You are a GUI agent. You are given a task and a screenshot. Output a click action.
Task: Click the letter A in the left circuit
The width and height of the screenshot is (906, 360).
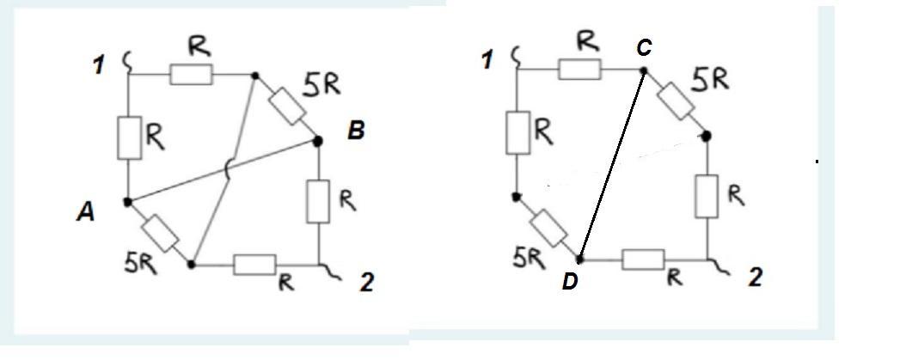85,213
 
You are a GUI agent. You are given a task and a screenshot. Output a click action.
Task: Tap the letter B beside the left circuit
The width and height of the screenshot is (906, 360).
356,131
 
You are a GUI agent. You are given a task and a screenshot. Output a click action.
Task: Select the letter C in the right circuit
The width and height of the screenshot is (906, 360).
644,48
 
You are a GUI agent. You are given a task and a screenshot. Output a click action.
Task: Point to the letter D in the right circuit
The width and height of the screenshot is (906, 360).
570,282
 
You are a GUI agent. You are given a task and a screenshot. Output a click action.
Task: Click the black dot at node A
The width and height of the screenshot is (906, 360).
128,202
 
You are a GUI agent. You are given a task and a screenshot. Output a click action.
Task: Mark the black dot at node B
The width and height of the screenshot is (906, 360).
317,140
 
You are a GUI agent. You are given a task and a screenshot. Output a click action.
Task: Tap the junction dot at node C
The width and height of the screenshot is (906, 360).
644,70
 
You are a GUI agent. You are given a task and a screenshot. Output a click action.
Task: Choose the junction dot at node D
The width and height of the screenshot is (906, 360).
580,259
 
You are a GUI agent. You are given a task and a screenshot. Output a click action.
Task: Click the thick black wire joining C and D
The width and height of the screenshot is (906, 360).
612,165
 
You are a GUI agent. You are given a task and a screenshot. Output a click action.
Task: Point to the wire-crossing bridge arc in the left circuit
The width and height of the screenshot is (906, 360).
226,171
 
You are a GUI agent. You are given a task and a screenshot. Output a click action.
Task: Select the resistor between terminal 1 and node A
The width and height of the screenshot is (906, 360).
130,137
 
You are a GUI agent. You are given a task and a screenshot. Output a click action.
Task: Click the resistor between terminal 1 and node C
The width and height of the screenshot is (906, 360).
579,69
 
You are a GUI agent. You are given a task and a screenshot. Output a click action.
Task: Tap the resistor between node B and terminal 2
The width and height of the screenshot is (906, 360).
318,201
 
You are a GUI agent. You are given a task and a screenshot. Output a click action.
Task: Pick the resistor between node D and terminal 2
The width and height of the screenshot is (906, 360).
643,259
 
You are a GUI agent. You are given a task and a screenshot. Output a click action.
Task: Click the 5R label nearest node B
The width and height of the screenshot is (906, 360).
321,84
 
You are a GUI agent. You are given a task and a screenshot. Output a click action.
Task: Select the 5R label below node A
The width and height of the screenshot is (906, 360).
140,264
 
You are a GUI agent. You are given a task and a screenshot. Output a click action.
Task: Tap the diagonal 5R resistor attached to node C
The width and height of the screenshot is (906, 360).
675,101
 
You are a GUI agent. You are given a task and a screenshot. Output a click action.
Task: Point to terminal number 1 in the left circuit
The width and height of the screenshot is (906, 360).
100,64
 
